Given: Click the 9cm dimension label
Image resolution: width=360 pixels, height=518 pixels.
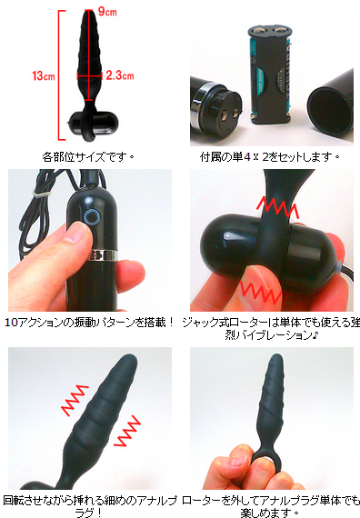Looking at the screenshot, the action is pyautogui.click(x=107, y=12).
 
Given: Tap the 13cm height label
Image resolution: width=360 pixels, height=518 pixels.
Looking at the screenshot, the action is pyautogui.click(x=44, y=76).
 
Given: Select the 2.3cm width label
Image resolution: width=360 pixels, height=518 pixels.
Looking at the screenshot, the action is pyautogui.click(x=120, y=75).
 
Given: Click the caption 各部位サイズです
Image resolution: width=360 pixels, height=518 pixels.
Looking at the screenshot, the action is pyautogui.click(x=88, y=156).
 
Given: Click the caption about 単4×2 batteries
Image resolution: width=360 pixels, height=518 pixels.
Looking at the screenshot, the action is pyautogui.click(x=269, y=156).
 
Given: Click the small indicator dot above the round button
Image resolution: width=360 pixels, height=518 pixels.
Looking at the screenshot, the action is pyautogui.click(x=88, y=200).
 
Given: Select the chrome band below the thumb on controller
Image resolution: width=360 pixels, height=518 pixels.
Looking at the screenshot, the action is pyautogui.click(x=105, y=254).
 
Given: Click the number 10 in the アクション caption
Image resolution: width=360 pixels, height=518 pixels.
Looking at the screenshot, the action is pyautogui.click(x=11, y=323).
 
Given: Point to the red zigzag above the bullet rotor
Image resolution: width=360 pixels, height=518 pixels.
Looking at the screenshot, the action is pyautogui.click(x=277, y=207).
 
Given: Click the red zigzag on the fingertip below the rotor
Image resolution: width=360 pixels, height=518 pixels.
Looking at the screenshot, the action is pyautogui.click(x=262, y=292).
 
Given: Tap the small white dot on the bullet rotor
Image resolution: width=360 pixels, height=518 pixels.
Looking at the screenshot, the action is pyautogui.click(x=226, y=236).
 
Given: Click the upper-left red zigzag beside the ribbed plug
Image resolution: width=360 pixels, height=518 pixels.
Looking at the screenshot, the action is pyautogui.click(x=75, y=400).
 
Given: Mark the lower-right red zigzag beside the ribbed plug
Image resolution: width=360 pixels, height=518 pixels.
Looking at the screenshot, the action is pyautogui.click(x=127, y=431).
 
